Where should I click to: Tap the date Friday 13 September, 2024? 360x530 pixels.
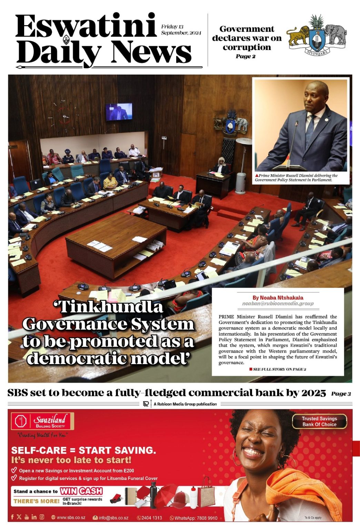pyautogui.click(x=181, y=30)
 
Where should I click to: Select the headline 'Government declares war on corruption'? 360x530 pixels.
pyautogui.click(x=247, y=38)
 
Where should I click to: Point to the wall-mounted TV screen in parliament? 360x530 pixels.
pyautogui.click(x=119, y=112)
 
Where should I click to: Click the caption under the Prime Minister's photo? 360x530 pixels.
pyautogui.click(x=297, y=178)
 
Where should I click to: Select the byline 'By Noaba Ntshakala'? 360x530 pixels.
pyautogui.click(x=278, y=297)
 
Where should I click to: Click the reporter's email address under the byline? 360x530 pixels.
pyautogui.click(x=278, y=304)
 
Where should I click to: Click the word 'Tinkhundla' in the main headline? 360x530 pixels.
pyautogui.click(x=108, y=307)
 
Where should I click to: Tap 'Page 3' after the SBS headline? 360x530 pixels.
pyautogui.click(x=341, y=394)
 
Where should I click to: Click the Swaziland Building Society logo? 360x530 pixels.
pyautogui.click(x=42, y=421)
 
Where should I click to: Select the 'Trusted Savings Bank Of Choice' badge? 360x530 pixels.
pyautogui.click(x=319, y=421)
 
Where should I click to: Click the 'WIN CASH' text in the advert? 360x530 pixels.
pyautogui.click(x=81, y=491)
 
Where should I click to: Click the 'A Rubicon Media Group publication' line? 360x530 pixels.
pyautogui.click(x=185, y=404)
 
